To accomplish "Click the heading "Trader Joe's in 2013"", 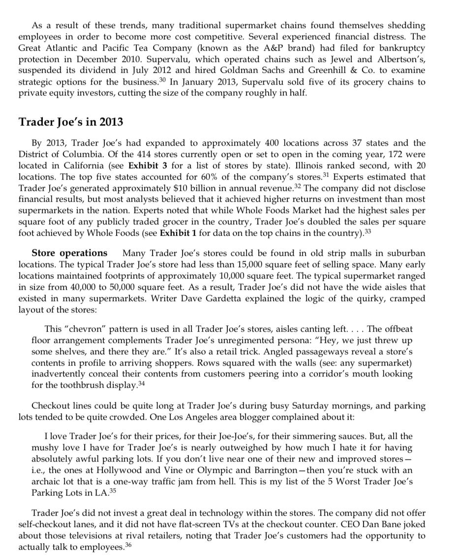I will pos(71,122).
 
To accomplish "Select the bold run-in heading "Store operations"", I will pos(69,253).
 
